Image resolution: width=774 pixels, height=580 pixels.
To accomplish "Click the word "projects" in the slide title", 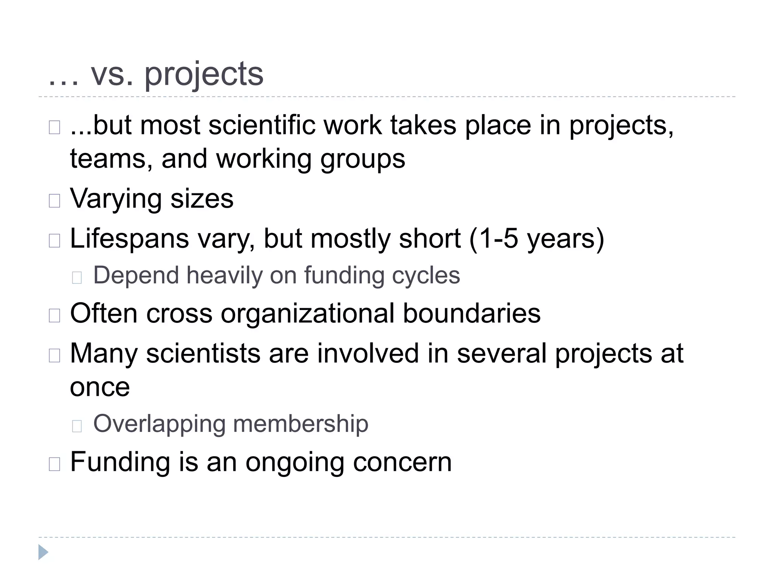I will [204, 74].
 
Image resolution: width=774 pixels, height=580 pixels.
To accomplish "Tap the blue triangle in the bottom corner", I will [43, 552].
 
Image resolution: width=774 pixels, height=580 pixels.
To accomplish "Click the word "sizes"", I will [202, 199].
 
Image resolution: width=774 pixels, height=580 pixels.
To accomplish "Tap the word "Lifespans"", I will [129, 239].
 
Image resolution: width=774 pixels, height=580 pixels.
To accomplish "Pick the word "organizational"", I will [308, 313].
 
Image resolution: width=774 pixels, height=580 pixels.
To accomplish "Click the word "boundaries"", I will [472, 313].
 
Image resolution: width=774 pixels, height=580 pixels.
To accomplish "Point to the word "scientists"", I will [203, 353].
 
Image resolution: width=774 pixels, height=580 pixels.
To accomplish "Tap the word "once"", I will [100, 387].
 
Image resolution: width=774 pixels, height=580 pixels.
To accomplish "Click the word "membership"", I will [300, 424].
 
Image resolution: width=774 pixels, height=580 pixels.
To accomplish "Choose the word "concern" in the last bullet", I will [402, 462].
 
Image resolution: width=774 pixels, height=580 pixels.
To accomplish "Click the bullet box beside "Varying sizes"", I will [54, 201].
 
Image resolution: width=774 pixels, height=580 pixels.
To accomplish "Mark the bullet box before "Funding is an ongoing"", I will [54, 464].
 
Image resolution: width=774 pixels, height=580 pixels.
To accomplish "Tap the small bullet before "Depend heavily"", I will [77, 278].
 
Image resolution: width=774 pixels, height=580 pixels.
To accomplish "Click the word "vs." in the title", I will [112, 74].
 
